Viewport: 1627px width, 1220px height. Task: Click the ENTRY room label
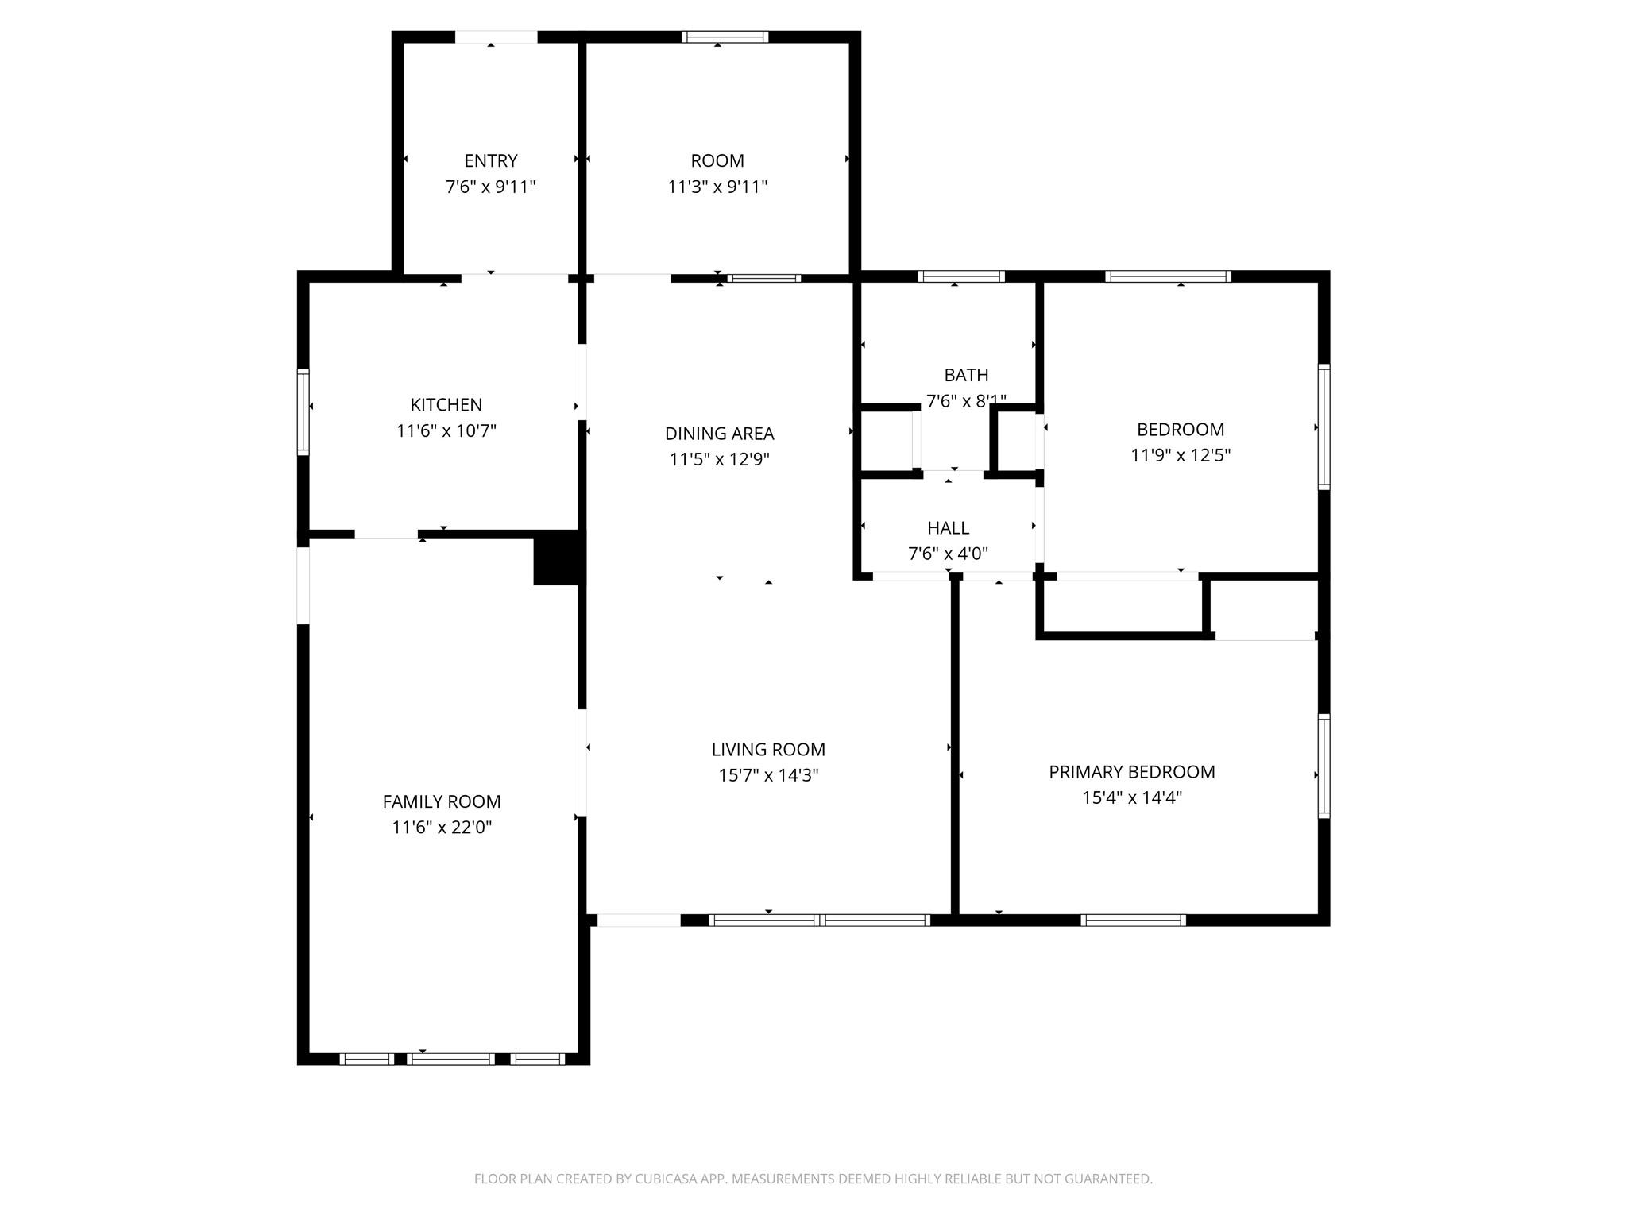[491, 161]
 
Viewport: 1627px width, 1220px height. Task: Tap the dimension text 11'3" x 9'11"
[717, 187]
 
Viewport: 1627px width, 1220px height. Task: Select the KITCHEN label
[446, 405]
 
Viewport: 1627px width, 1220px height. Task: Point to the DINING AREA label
[720, 434]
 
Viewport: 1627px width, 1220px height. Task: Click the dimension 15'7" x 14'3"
[768, 776]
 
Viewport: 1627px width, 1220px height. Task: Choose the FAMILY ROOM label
[442, 802]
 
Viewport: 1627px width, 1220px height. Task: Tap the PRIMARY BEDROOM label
[1132, 772]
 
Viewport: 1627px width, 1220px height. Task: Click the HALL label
[949, 528]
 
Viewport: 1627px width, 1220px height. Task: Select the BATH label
[967, 375]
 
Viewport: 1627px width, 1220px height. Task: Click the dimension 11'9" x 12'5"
[1181, 456]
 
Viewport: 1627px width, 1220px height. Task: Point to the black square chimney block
[558, 558]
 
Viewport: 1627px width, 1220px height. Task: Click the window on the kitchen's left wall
[303, 411]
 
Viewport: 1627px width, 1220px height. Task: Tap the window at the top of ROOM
[725, 37]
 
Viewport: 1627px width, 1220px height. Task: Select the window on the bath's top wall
[961, 276]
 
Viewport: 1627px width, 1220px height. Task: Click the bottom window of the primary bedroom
[1133, 921]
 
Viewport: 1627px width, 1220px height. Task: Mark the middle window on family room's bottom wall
[451, 1059]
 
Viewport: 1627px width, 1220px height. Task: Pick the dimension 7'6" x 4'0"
[949, 554]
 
